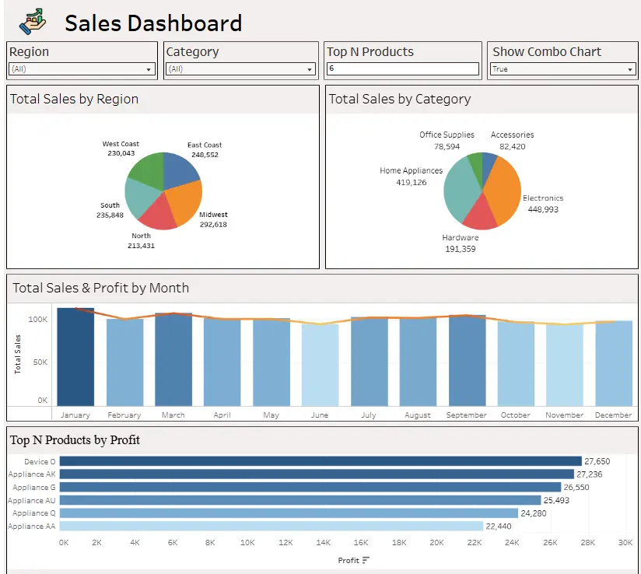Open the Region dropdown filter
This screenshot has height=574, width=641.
coord(82,69)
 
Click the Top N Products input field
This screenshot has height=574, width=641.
coord(402,69)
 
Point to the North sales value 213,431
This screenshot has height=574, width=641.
coord(141,246)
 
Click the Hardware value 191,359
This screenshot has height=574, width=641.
coord(460,249)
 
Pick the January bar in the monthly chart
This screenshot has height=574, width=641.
coord(75,357)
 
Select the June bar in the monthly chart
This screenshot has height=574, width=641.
coord(320,365)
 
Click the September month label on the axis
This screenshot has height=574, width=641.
coord(466,415)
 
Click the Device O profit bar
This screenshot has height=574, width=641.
coord(320,461)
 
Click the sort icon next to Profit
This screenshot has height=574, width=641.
coord(366,560)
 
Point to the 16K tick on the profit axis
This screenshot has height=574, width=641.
coord(361,542)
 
